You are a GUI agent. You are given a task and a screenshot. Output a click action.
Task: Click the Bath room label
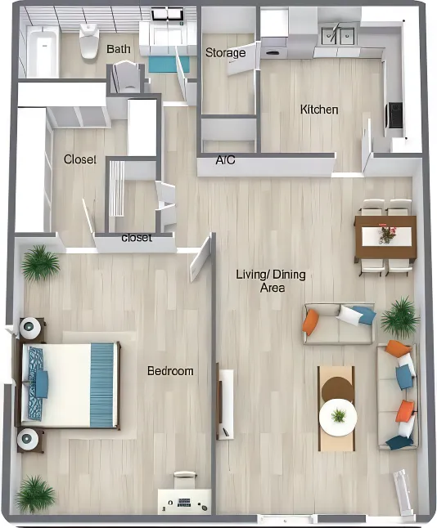point(119,49)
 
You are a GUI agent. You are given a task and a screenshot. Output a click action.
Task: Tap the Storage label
point(226,52)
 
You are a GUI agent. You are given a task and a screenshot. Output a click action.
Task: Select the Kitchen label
point(319,110)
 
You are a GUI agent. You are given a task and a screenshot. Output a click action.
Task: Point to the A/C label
point(225,160)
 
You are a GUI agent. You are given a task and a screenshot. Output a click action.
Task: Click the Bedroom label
point(170,371)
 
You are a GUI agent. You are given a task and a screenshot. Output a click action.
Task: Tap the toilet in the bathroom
point(88,40)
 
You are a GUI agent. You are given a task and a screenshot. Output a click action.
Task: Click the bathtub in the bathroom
point(43,52)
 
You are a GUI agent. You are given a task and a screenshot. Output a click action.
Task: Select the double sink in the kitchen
point(338,35)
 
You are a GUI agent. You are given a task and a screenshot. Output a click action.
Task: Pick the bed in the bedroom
point(70,385)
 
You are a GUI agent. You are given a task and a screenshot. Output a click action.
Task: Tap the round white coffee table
point(338,417)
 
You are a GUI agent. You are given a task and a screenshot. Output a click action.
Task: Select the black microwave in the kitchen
point(394,115)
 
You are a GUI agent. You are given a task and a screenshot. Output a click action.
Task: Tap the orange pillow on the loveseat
point(310,323)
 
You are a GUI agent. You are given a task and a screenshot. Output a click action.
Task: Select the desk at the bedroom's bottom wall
point(184,502)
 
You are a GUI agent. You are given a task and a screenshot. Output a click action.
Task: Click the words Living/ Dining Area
point(271,281)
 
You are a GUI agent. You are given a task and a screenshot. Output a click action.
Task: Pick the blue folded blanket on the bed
point(102,385)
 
